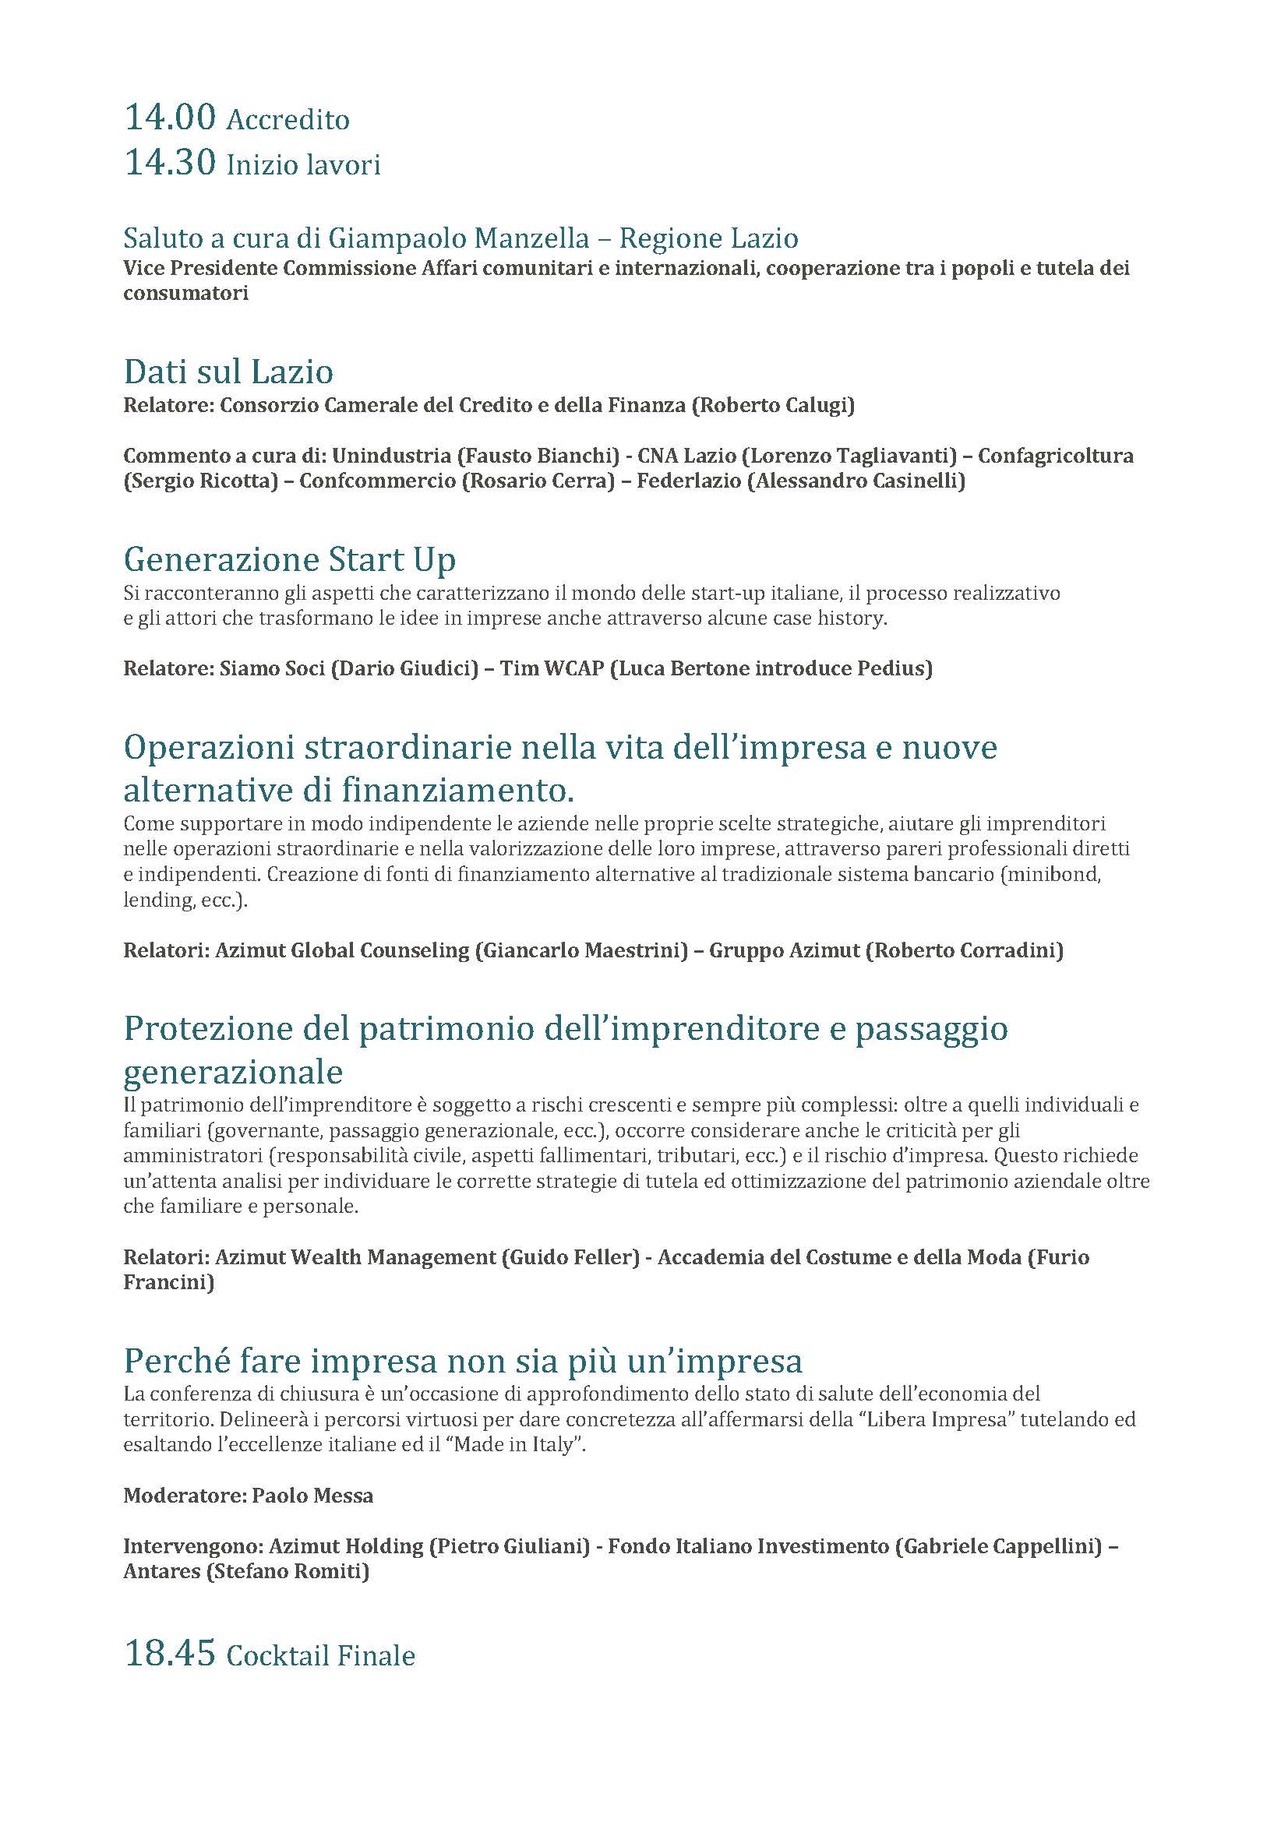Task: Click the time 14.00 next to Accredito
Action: pyautogui.click(x=170, y=118)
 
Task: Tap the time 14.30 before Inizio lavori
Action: pyautogui.click(x=170, y=163)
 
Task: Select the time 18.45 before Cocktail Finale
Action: pyautogui.click(x=170, y=1653)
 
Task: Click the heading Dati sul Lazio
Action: pyautogui.click(x=228, y=372)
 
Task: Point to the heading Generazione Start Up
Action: pyautogui.click(x=290, y=559)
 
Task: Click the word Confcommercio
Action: pyautogui.click(x=378, y=481)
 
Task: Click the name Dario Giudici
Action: pyautogui.click(x=404, y=668)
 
